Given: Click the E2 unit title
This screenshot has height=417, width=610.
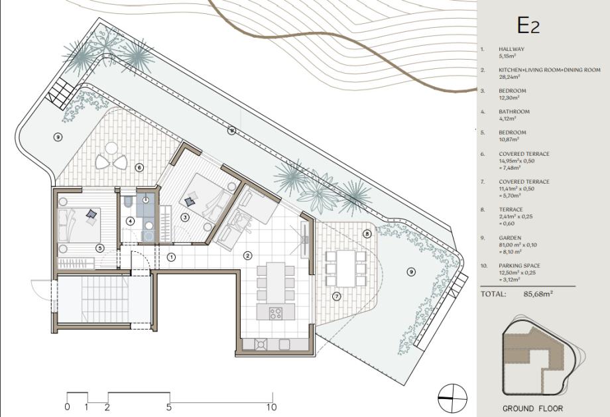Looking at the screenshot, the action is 528,26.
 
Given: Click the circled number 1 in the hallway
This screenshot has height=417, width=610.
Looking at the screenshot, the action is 171,257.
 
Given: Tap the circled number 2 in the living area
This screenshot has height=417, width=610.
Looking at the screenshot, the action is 247,255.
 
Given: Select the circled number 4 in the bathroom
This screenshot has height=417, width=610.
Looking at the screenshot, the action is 131,221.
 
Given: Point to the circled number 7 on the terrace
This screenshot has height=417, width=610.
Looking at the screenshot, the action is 337,296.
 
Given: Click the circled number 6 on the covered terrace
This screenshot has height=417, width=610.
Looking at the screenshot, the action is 139,168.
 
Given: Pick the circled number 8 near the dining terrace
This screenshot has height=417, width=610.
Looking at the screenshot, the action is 367,234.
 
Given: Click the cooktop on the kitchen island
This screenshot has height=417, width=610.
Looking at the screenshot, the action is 276,313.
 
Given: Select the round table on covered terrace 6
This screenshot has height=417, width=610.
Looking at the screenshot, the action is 111,149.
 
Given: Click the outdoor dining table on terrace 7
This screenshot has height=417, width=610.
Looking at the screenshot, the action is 346,268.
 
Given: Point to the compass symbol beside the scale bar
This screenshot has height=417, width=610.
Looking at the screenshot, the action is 452,398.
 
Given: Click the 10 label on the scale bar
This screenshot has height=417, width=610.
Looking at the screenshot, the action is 272,407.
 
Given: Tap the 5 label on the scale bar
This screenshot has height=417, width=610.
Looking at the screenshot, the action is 169,407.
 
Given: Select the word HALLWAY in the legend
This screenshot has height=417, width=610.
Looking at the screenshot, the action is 512,50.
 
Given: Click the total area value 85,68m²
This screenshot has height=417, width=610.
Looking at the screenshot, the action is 538,294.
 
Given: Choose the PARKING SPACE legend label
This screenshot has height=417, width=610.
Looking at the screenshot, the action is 520,266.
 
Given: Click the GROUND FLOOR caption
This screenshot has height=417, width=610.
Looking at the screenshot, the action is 532,408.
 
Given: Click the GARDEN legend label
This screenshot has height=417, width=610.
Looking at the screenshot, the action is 510,238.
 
